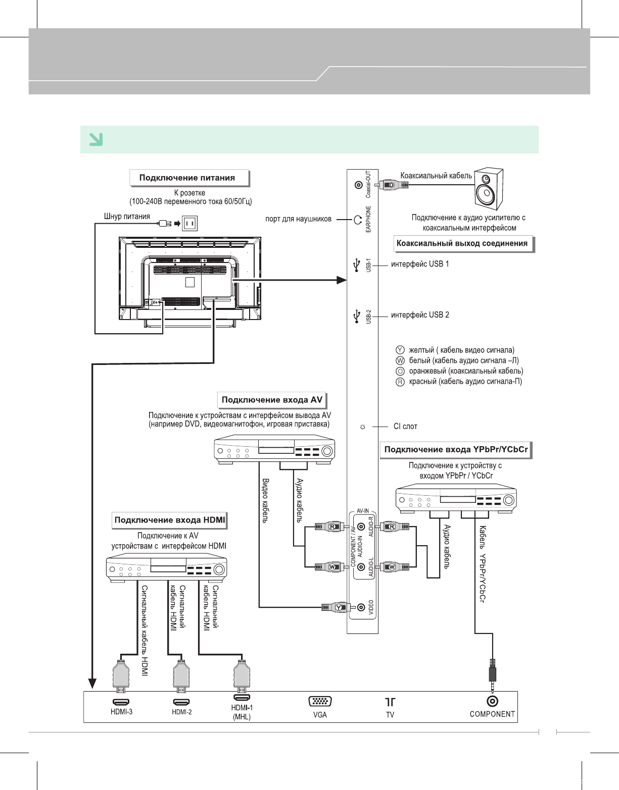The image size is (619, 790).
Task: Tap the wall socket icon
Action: (x=190, y=223)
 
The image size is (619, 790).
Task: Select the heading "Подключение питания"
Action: (x=187, y=178)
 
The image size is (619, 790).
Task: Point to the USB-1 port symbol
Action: (x=357, y=264)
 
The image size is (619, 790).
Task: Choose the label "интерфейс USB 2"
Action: (x=420, y=315)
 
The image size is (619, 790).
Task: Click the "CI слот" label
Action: (x=405, y=427)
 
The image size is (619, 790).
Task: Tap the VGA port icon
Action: (x=320, y=702)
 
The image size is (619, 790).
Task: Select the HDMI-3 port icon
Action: (x=121, y=702)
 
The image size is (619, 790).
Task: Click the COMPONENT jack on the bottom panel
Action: (x=492, y=701)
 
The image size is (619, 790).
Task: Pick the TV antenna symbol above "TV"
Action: (x=390, y=702)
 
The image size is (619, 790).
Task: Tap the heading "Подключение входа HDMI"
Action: (x=170, y=520)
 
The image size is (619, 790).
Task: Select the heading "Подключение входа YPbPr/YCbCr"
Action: (x=456, y=449)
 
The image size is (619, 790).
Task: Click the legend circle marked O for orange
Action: (x=400, y=371)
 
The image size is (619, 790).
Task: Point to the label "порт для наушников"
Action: (x=298, y=219)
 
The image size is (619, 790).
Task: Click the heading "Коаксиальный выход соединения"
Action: (x=462, y=243)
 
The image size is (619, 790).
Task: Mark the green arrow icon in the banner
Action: (x=96, y=139)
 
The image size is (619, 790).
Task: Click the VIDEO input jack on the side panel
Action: (x=361, y=607)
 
